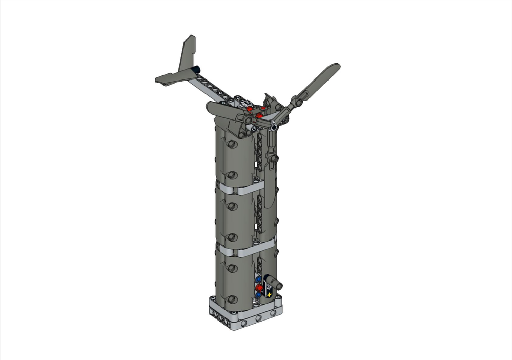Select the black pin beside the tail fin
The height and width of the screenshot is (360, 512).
[196, 69]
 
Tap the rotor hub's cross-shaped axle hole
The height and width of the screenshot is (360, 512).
[275, 127]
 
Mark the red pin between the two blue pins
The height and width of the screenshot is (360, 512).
[259, 289]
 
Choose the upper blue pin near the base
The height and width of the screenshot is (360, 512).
[259, 280]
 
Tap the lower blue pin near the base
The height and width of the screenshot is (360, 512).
[258, 296]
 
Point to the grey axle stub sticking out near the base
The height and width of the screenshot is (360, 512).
[278, 282]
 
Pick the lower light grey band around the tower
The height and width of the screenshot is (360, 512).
[238, 250]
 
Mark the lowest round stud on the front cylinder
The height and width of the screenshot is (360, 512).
[232, 298]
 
